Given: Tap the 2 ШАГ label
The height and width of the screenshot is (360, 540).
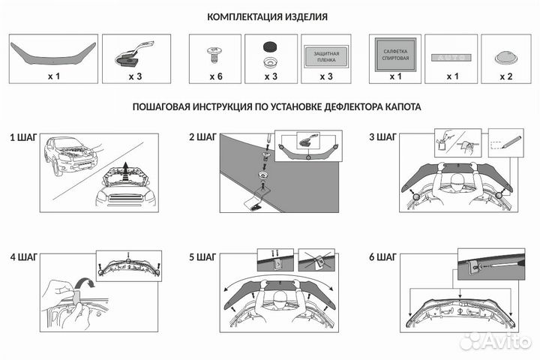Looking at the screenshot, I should [202, 138].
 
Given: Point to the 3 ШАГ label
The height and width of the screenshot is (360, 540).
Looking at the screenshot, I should [382, 138].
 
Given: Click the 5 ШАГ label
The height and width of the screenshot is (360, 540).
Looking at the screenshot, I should [202, 257].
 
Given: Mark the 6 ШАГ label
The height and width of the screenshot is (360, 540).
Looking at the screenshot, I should [382, 257].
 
